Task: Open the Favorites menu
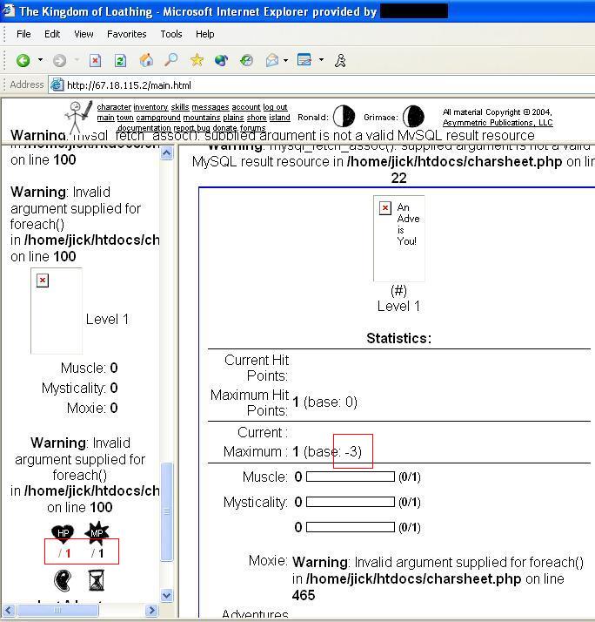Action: [126, 34]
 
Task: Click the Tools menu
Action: [170, 34]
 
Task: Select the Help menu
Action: [204, 34]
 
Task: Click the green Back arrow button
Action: [23, 60]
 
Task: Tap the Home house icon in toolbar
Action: [146, 60]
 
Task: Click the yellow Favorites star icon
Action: [197, 60]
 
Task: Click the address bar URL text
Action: [129, 85]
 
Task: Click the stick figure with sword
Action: [79, 117]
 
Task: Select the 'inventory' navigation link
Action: [150, 107]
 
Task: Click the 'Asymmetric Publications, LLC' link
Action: [497, 123]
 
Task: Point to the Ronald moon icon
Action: [344, 117]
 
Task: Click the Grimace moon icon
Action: [413, 117]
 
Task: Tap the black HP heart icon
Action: [63, 533]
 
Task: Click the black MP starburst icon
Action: [97, 533]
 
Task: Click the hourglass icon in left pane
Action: [96, 580]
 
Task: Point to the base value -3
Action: [353, 451]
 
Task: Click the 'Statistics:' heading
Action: [398, 338]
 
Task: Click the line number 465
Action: [304, 595]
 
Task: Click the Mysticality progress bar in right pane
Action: [351, 502]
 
